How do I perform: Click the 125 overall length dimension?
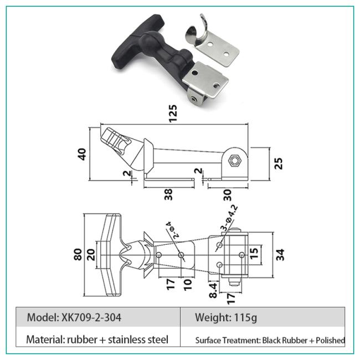coord(173,114)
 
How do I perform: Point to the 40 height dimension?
coord(82,154)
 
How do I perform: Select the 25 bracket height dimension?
coord(279,163)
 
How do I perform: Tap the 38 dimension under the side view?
coord(168,194)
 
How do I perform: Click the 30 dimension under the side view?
coord(227,195)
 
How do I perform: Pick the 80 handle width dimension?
coord(78,254)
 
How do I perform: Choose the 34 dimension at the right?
coord(280,255)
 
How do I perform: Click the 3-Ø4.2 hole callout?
coord(229,218)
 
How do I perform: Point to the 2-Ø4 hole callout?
coord(173,230)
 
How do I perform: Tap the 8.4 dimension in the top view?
coord(213,290)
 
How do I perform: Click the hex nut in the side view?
coord(234,160)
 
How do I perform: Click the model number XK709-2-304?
coord(91,317)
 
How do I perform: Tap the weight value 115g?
coord(245,318)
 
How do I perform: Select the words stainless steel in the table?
coord(138,340)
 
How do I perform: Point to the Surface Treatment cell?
coord(270,340)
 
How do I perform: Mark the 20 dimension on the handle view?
coord(91,255)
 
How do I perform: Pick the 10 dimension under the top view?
coord(188,285)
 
